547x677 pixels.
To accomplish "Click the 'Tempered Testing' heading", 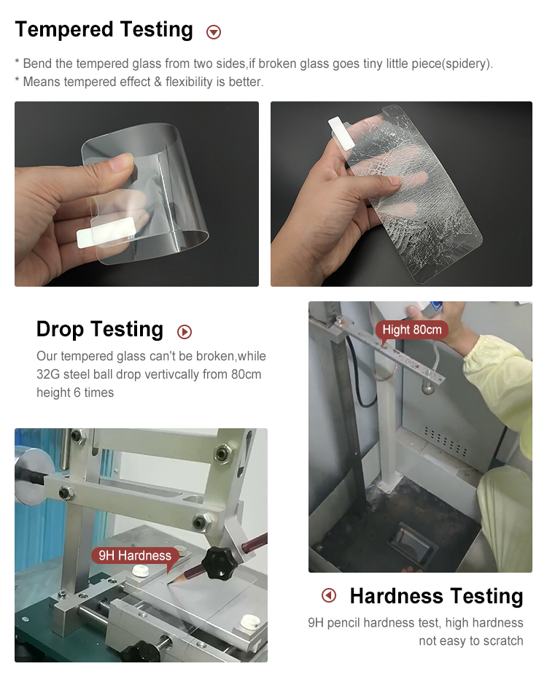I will pos(104,30).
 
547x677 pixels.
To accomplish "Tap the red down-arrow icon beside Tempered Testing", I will pos(214,32).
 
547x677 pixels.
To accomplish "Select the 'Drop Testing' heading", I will pos(100,330).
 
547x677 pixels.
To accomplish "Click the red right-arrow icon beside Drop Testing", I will pos(185,332).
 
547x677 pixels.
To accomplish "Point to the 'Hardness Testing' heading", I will pos(436,596).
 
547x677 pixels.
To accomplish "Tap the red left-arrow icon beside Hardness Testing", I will pos(329,596).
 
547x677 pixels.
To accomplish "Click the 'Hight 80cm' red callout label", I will pos(412,330).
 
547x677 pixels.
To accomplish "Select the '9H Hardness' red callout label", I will pos(135,556).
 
